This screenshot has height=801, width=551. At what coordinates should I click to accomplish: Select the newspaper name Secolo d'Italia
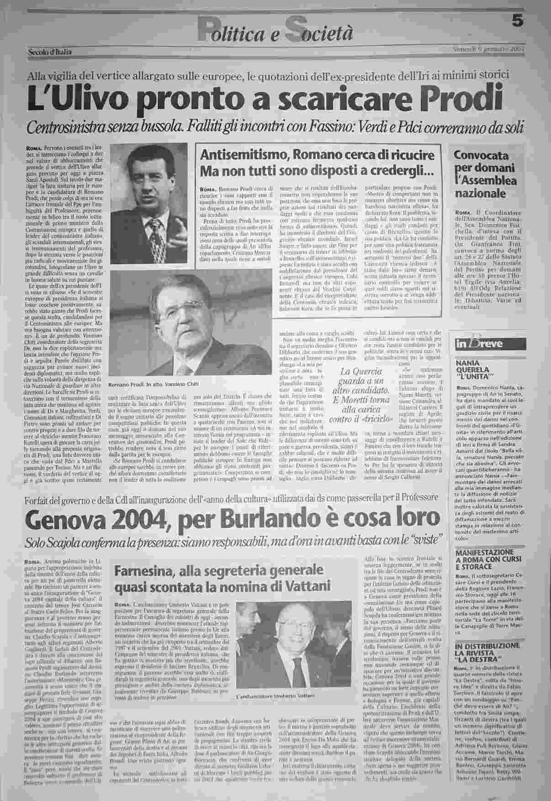click(49, 52)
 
